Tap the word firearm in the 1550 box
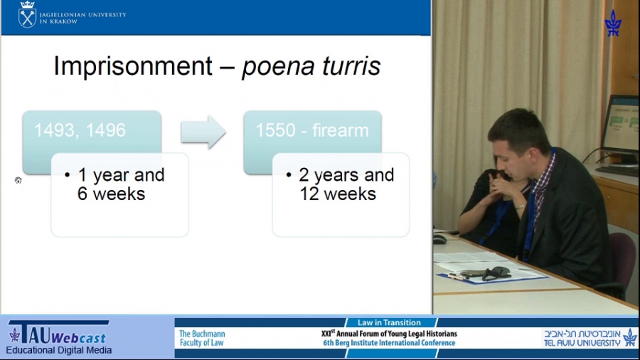pyautogui.click(x=341, y=130)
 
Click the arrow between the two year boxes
pyautogui.click(x=203, y=132)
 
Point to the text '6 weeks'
pyautogui.click(x=111, y=194)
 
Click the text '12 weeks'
pyautogui.click(x=338, y=194)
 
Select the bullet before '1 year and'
pyautogui.click(x=68, y=175)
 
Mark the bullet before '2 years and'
pyautogui.click(x=289, y=175)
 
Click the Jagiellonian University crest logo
pyautogui.click(x=27, y=15)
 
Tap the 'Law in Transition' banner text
pyautogui.click(x=389, y=322)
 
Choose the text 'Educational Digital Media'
pyautogui.click(x=59, y=350)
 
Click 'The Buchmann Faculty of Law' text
pyautogui.click(x=202, y=338)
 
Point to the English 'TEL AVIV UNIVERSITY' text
pyautogui.click(x=582, y=343)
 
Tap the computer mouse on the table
pyautogui.click(x=439, y=239)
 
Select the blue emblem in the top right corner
pyautogui.click(x=613, y=23)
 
